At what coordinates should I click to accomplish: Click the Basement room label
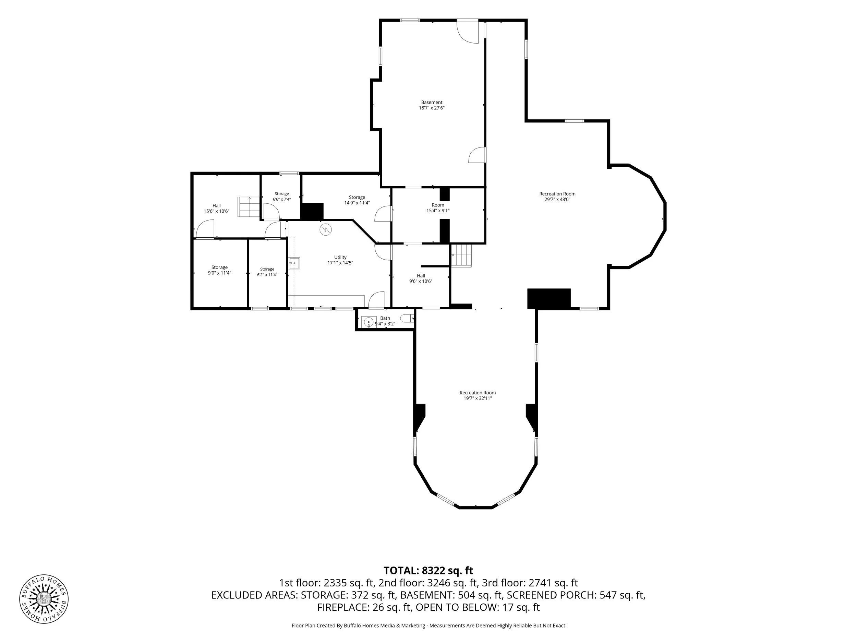coord(431,102)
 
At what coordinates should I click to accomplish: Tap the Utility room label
coord(340,257)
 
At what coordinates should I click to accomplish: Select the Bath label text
coord(385,318)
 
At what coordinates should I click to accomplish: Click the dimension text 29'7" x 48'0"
coord(557,200)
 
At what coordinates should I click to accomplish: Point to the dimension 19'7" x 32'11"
coord(478,398)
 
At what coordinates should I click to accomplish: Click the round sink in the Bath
coord(369,322)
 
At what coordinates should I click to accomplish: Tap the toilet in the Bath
coord(407,319)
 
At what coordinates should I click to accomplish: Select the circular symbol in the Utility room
coord(326,230)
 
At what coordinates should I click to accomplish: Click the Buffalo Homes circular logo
coord(44,599)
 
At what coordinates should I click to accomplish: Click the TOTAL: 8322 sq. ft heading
coord(428,571)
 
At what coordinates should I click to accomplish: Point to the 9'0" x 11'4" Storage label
coord(219,270)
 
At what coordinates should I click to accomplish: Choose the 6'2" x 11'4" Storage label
coord(267,272)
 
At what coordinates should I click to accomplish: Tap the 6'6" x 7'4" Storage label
coord(282,197)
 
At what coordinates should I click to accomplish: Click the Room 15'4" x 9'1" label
coord(438,208)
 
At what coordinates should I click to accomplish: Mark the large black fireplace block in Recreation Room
coord(549,299)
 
